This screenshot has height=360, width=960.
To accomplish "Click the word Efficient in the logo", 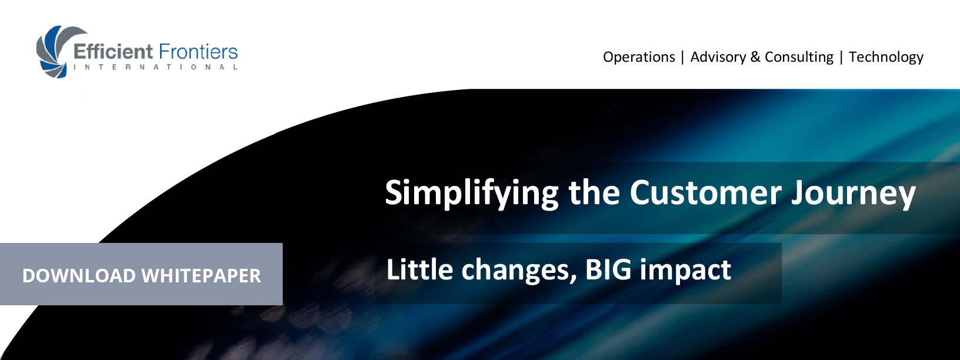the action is (x=113, y=52).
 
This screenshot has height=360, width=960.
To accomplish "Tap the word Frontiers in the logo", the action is (x=198, y=52).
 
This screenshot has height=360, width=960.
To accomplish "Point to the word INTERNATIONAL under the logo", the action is (x=156, y=67).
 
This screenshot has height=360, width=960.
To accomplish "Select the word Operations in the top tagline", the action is (x=639, y=57).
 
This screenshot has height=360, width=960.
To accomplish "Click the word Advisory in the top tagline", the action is (x=718, y=57).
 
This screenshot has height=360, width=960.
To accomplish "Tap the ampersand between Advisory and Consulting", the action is (x=755, y=57).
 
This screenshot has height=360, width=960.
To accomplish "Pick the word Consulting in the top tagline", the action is (x=799, y=57).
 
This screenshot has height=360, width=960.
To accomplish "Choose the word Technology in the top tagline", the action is (x=886, y=57).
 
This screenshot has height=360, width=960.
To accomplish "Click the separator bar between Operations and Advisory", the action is (x=683, y=58).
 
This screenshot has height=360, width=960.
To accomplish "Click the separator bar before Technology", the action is (x=841, y=58).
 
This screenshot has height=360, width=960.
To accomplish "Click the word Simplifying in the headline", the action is (x=472, y=194).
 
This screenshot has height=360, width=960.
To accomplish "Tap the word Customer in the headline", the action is (x=705, y=193).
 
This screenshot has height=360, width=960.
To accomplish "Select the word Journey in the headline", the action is (x=854, y=194).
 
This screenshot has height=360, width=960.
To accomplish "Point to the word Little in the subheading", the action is (x=419, y=269).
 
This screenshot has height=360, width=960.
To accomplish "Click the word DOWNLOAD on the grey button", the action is (x=79, y=275).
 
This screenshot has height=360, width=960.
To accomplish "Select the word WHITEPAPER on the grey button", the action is (x=201, y=275).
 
